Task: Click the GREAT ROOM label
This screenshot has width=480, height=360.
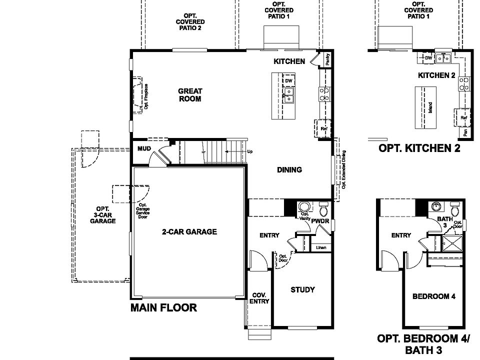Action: [x=190, y=95]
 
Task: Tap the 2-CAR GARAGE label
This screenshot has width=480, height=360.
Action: [x=189, y=231]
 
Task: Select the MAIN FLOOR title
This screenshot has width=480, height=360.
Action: [x=163, y=307]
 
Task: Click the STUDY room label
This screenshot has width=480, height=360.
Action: [x=302, y=289]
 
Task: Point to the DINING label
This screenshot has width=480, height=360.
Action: [x=289, y=169]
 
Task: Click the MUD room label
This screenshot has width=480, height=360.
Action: [x=144, y=148]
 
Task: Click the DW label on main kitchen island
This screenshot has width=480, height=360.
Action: [x=288, y=81]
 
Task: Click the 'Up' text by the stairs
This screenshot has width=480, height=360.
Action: [x=249, y=151]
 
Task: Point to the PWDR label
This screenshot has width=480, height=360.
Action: [x=320, y=220]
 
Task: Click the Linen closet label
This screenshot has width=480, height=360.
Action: [x=321, y=247]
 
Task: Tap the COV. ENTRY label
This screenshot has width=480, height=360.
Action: [x=260, y=298]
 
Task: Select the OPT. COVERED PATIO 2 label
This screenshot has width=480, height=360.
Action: [x=190, y=22]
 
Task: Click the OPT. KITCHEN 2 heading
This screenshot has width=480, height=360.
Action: [x=419, y=148]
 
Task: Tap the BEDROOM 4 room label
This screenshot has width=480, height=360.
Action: [x=433, y=296]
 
